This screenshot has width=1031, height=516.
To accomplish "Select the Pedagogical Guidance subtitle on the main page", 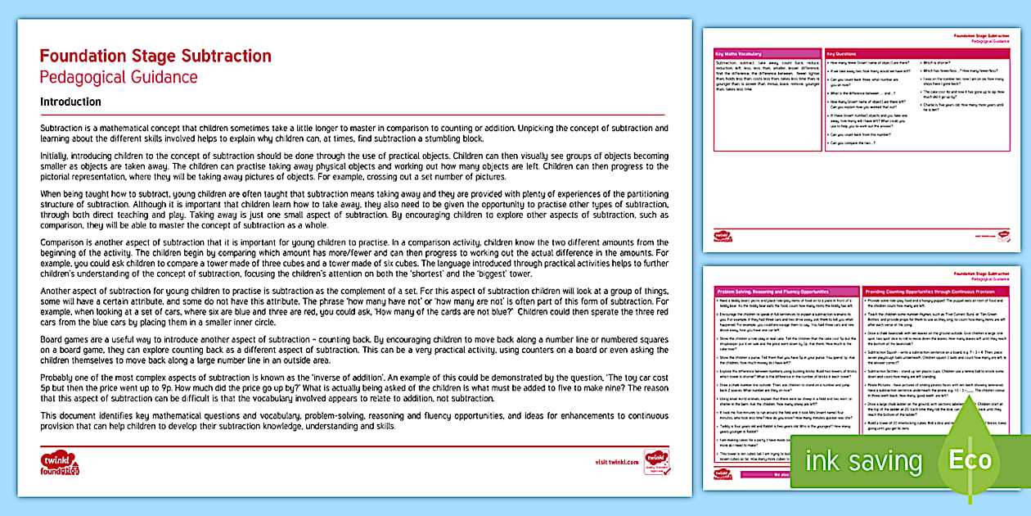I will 119,78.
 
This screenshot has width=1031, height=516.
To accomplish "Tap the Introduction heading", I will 70,102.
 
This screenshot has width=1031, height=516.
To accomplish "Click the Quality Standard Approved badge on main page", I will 656,461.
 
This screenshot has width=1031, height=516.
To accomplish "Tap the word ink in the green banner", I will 822,460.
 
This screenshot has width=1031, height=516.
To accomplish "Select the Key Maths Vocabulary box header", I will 737,53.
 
